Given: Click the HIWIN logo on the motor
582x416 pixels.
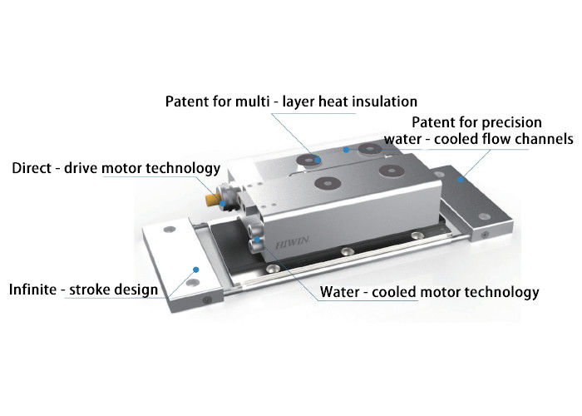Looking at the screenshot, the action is [292, 243].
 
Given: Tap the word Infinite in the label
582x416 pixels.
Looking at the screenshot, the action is [33, 290].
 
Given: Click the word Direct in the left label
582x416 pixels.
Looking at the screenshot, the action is [32, 168].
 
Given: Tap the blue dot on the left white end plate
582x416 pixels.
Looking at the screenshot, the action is [196, 270].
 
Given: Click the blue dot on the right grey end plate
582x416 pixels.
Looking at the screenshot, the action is [461, 180].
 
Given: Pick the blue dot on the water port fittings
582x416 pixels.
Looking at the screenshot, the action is [256, 240].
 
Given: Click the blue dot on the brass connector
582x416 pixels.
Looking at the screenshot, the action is [222, 204].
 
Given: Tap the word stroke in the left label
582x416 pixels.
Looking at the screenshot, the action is [90, 290].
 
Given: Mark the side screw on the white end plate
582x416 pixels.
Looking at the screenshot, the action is [207, 300].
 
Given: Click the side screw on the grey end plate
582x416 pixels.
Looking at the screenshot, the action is [485, 235].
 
